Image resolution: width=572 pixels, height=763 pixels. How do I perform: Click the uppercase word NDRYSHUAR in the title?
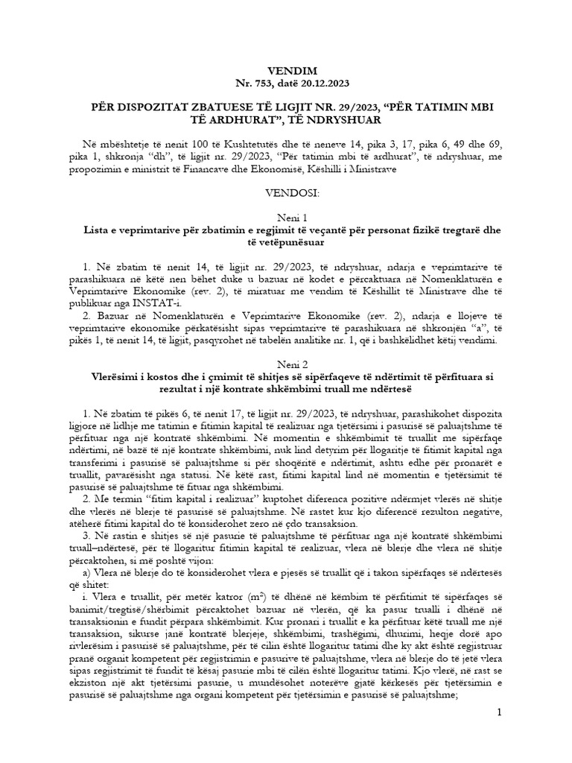pos(334,119)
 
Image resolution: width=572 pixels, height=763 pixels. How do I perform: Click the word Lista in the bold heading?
pos(100,231)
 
